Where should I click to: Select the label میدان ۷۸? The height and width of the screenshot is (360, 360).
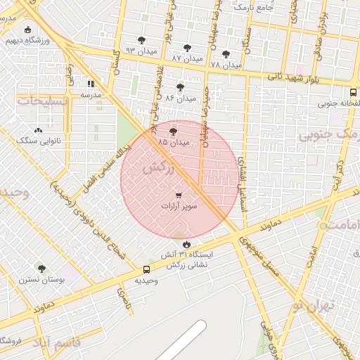226,64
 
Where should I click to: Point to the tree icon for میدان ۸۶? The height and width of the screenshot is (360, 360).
181,88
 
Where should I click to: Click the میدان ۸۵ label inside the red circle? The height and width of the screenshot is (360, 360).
174,142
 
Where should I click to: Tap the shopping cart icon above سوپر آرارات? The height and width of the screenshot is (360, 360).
179,195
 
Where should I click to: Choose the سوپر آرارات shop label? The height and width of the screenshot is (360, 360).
179,207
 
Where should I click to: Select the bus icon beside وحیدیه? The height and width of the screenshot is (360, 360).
147,269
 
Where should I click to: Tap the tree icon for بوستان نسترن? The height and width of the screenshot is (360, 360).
41,268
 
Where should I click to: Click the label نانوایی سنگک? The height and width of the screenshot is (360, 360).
39,141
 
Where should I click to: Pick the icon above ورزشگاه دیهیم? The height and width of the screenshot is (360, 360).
28,30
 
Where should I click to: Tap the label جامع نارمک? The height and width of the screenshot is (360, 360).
254,6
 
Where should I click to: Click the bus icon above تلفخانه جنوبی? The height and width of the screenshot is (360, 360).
353,92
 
